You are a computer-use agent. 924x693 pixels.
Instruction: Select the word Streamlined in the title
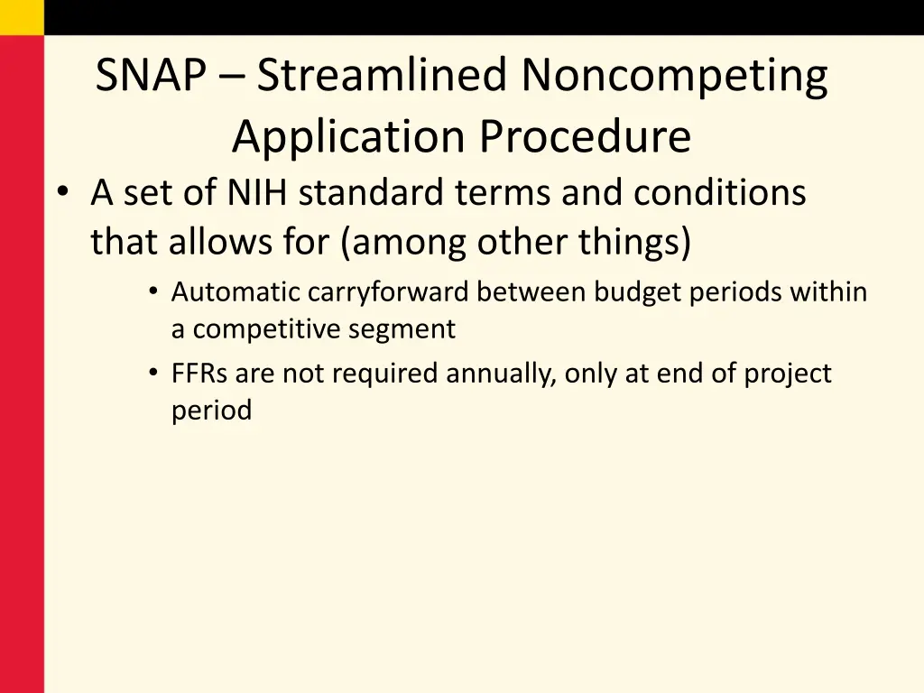[x=382, y=76]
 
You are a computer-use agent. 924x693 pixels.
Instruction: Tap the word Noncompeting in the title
[x=673, y=76]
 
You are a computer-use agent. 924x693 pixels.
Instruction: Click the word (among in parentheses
[x=405, y=243]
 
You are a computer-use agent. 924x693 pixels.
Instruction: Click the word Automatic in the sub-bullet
[x=236, y=292]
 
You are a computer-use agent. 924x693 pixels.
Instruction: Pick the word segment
[x=413, y=330]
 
